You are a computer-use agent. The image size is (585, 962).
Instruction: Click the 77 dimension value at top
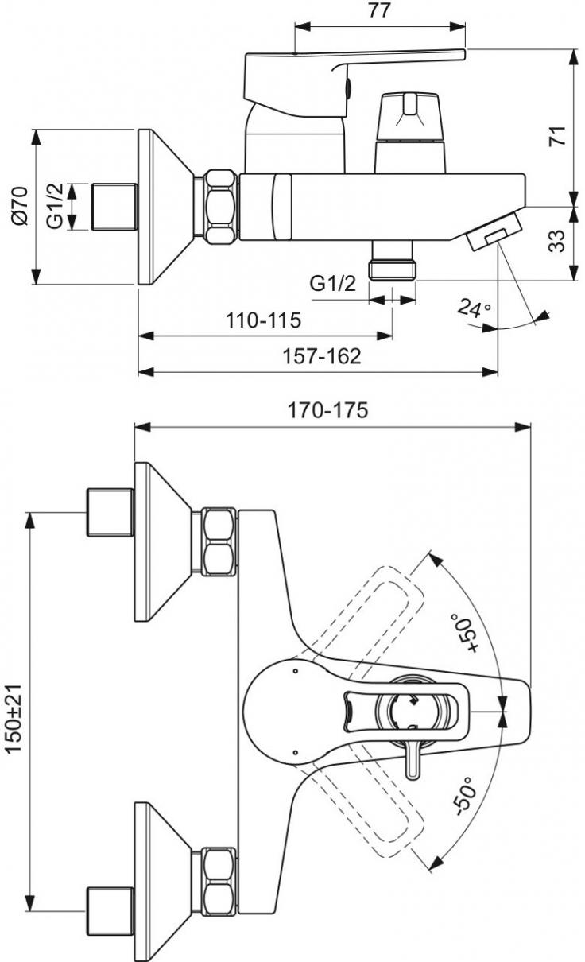pos(379,11)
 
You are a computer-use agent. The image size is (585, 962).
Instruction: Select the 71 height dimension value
pos(558,136)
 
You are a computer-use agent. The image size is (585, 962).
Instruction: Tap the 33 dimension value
pos(557,242)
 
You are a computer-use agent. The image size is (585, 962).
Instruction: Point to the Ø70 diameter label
pos(20,206)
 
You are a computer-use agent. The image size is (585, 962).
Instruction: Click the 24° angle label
pos(474,308)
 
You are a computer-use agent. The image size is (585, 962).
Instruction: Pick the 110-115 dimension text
pos(264,320)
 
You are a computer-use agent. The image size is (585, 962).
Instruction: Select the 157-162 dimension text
pos(322,356)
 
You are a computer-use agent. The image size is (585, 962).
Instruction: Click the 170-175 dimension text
pos(327,410)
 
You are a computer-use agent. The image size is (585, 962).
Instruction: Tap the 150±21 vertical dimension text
pos(14,718)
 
